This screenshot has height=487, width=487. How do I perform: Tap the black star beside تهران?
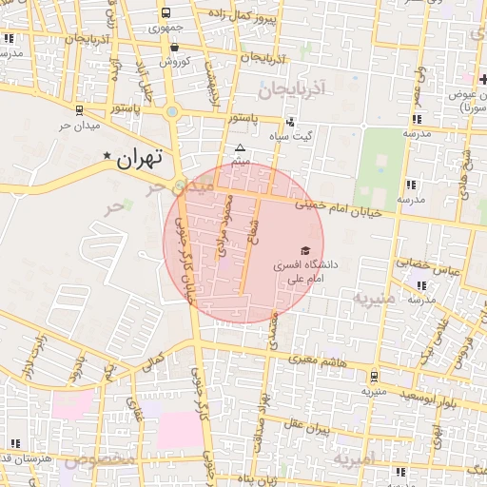point(107,155)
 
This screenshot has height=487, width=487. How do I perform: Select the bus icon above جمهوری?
point(166,13)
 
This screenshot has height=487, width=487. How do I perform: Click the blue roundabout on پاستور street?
point(172,112)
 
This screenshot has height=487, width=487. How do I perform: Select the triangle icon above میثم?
point(240,148)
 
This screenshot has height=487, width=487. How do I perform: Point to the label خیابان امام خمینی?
point(338,207)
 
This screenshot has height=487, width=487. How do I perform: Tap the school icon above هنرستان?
point(14,443)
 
